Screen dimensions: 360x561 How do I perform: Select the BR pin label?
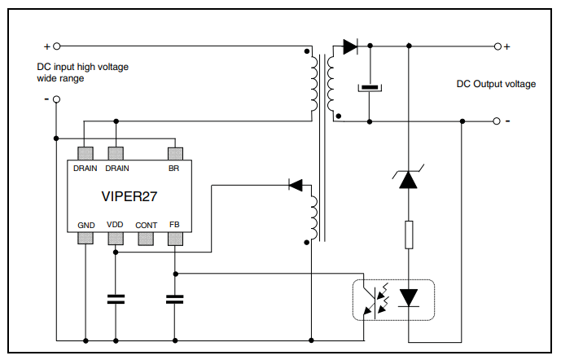coord(173,169)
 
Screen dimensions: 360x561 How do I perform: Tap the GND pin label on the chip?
coord(85,224)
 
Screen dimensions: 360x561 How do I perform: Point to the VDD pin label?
coord(115,224)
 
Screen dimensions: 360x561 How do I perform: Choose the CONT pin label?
coord(146,224)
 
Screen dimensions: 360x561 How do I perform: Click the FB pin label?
coord(174,224)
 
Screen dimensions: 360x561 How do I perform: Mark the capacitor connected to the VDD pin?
coord(116,299)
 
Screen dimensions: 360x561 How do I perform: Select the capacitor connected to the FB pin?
coord(174,299)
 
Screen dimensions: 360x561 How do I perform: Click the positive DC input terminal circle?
coord(56,46)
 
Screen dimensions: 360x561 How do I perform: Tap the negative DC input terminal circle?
coord(56,99)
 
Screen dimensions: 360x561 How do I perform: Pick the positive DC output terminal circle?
coord(497,46)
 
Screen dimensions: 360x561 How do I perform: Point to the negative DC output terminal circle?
coord(497,121)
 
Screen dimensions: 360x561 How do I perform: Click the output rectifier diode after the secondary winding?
coord(350,46)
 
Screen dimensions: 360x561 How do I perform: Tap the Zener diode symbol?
coord(409,180)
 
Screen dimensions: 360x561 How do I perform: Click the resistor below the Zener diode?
coord(409,235)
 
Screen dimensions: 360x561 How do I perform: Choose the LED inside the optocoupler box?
coord(409,299)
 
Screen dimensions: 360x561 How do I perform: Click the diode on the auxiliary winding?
coord(296,185)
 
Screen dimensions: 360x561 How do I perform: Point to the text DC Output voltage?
coord(495,84)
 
